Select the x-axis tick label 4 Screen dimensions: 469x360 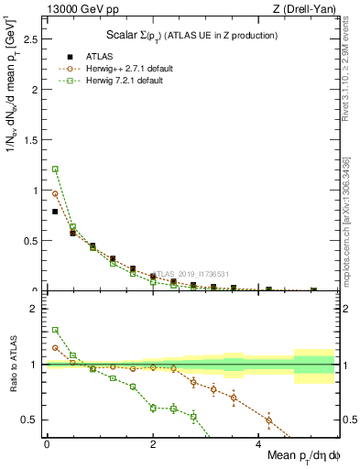(x=259, y=444)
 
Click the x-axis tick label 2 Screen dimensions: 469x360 (x=153, y=444)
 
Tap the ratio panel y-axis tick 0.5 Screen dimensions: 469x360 (x=30, y=420)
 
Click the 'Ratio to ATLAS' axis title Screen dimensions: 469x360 (x=11, y=365)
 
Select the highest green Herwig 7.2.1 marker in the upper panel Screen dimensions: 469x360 (x=55, y=169)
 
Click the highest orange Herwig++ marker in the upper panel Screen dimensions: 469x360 (x=55, y=193)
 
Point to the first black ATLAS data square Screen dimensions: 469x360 (x=55, y=212)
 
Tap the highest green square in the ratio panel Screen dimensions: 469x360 (x=55, y=330)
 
